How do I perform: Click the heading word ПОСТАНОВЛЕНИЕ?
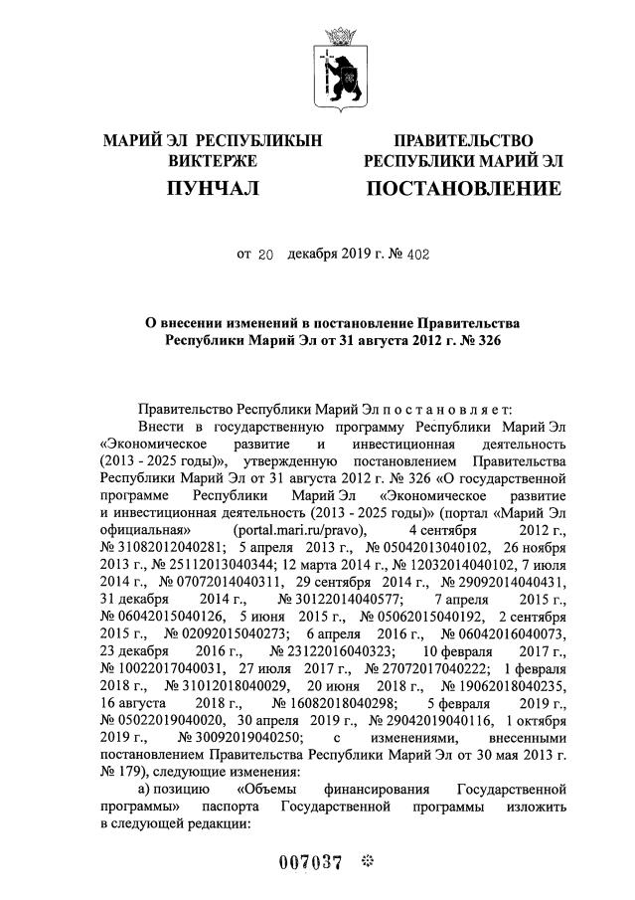pos(463,188)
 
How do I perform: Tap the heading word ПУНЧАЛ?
pos(213,188)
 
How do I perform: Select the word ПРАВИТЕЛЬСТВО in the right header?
pos(463,141)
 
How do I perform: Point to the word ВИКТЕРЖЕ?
pos(213,160)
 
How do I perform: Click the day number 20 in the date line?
pos(264,255)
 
